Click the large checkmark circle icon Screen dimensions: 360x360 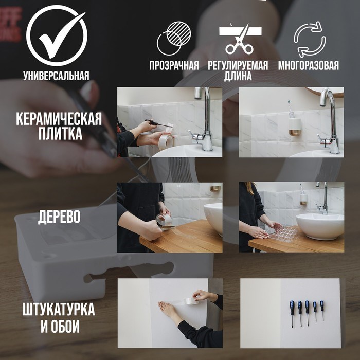point(56,35)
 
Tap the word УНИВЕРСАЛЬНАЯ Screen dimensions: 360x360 point(56,76)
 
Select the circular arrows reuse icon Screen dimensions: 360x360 point(309,39)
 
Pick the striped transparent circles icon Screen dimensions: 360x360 point(173,39)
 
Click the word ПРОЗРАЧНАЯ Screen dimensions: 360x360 point(174,66)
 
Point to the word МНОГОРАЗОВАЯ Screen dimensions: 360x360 point(309,66)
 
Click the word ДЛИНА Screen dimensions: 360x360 point(238,77)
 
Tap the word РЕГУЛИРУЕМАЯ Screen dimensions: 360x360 point(238,66)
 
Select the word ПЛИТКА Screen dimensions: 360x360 point(59,135)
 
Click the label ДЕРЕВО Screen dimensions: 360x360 point(59,217)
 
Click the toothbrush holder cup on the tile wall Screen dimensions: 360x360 point(295,127)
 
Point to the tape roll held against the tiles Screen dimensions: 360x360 point(165,140)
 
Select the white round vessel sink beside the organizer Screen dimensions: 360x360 point(319,225)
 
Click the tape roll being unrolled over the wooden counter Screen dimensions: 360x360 point(164,220)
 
